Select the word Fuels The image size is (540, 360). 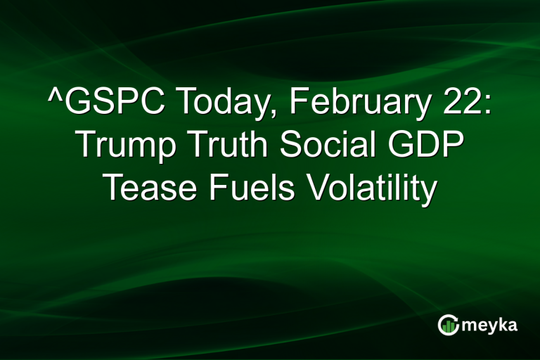pyautogui.click(x=253, y=187)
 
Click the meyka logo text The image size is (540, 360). pyautogui.click(x=491, y=326)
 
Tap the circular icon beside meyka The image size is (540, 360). pyautogui.click(x=449, y=325)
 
